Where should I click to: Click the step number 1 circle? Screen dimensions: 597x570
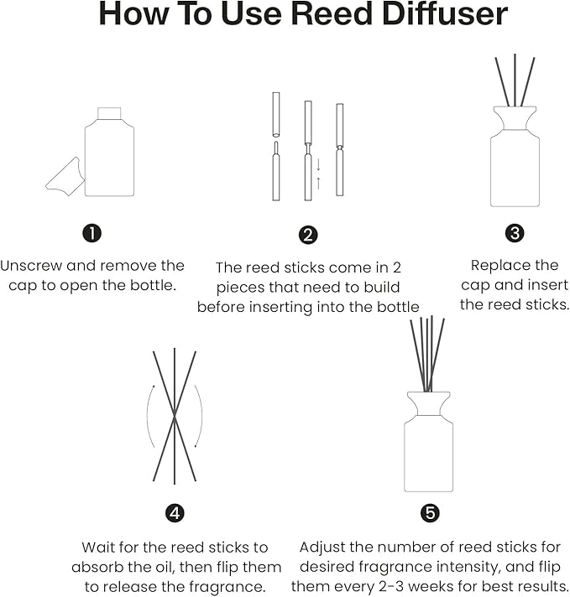pos(92,232)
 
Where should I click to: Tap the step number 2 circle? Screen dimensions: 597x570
pos(308,235)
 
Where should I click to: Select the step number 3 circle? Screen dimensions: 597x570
pos(515,232)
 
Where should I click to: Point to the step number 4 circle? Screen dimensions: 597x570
pos(175,513)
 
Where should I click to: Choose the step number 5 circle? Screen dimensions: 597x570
pos(430,513)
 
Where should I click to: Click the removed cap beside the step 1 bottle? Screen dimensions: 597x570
pos(64,176)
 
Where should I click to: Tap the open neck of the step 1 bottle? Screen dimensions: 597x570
pos(110,112)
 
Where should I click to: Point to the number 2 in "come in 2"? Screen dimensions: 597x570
pos(397,267)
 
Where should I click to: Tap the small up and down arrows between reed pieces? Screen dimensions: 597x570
pos(318,174)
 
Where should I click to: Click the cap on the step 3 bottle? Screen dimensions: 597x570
pos(515,118)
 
